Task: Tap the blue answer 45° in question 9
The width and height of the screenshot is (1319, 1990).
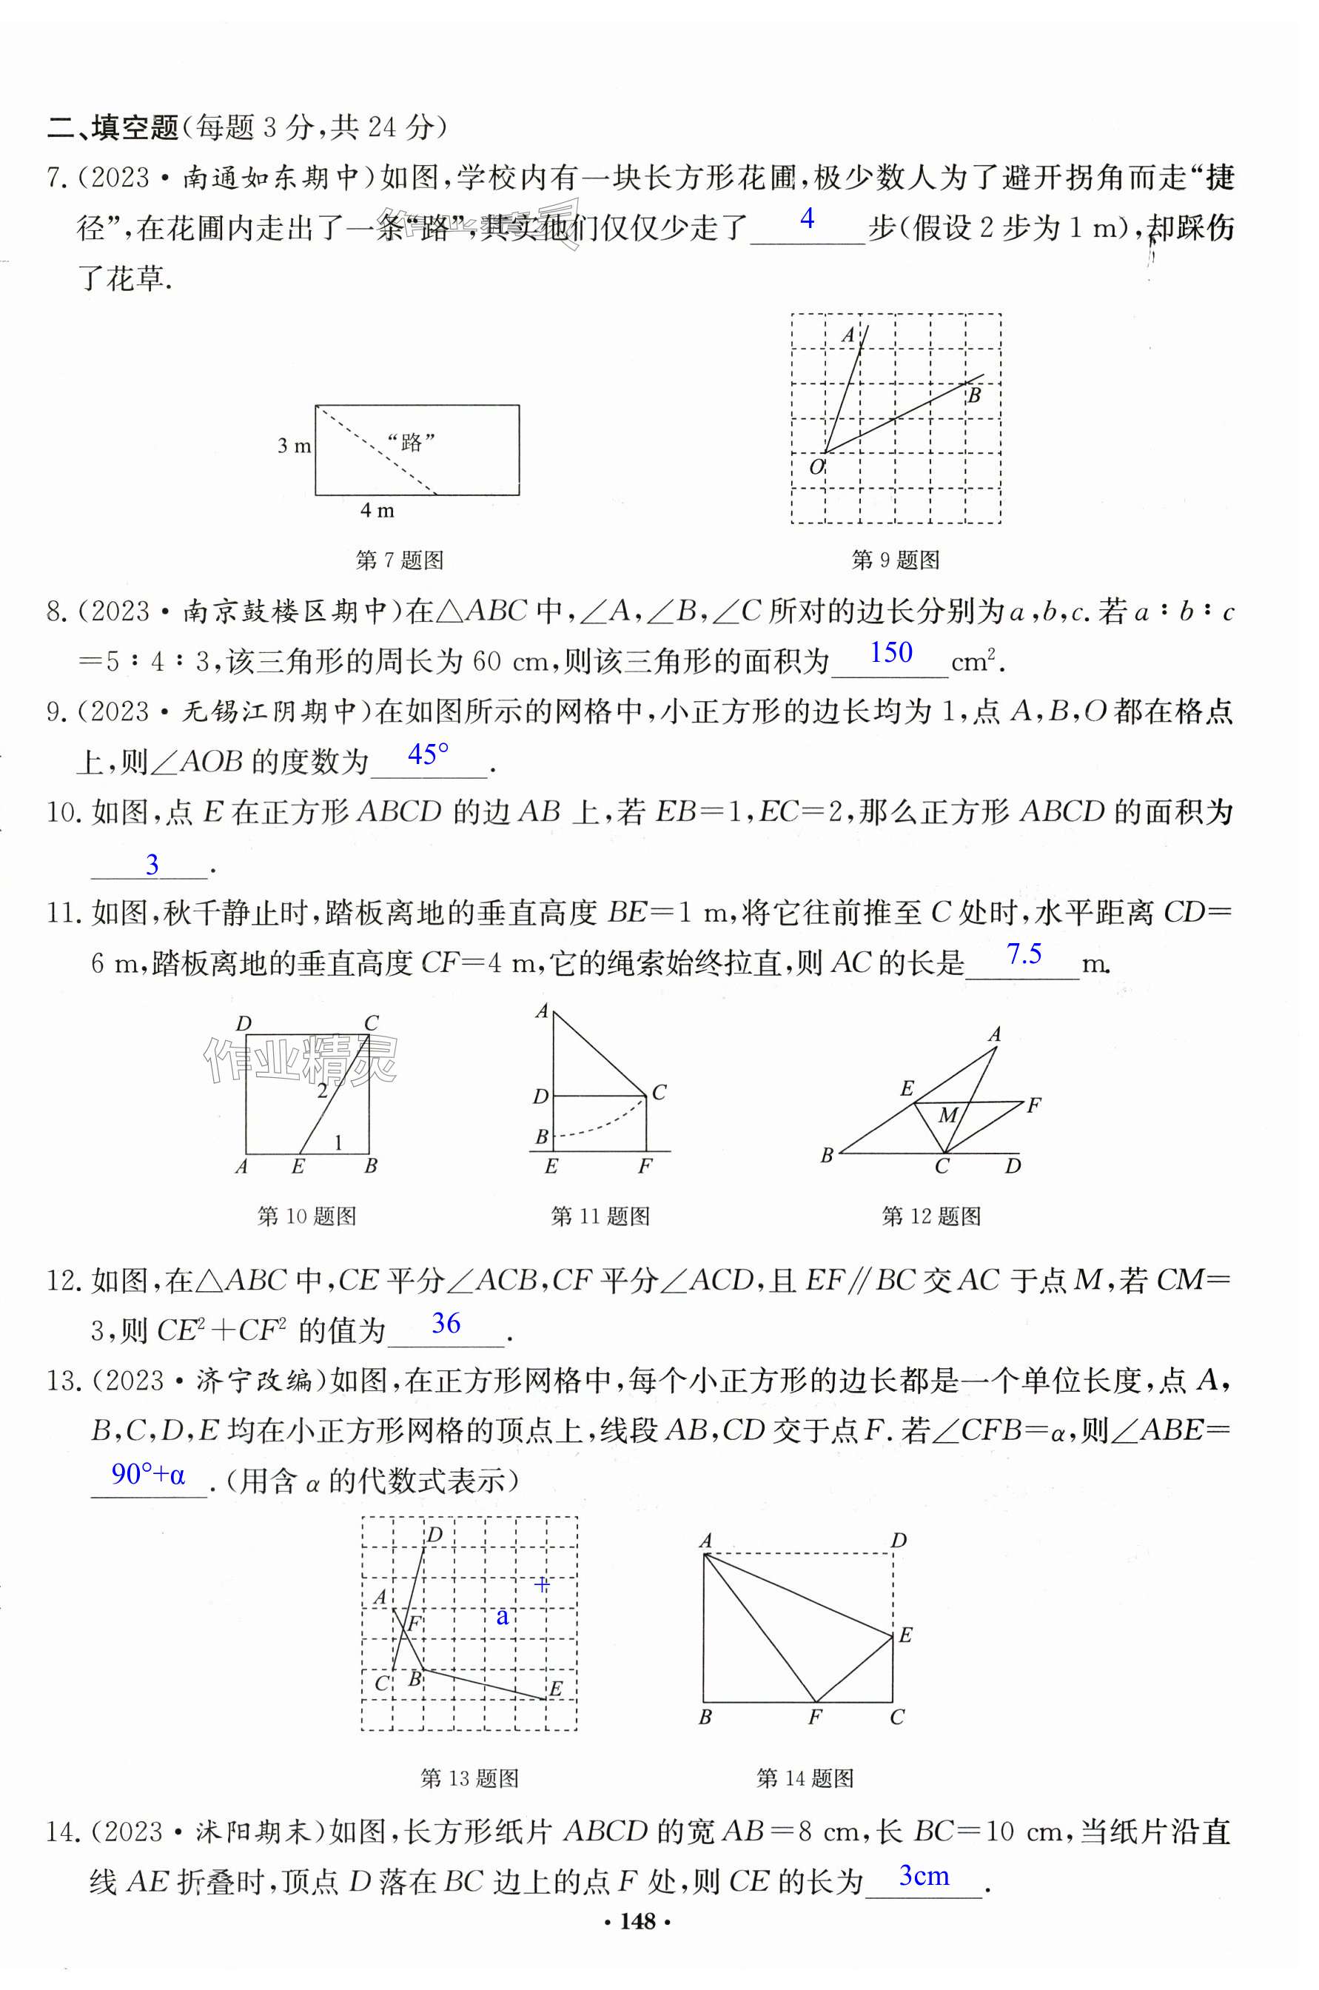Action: click(x=428, y=753)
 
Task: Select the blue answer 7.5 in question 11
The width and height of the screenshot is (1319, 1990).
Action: click(x=1024, y=954)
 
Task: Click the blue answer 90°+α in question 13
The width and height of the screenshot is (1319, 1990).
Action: click(x=148, y=1473)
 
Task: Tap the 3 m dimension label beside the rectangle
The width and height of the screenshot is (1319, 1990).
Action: click(x=295, y=445)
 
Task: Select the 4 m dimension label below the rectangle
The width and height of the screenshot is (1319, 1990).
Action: click(x=377, y=510)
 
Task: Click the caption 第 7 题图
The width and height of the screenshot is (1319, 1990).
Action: click(x=400, y=560)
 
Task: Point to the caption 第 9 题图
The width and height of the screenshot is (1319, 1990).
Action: click(x=896, y=560)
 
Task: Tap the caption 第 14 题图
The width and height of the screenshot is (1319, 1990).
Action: click(x=805, y=1778)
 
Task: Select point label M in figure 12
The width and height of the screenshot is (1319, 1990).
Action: click(x=948, y=1116)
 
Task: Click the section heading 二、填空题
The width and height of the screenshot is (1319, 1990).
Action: click(x=113, y=127)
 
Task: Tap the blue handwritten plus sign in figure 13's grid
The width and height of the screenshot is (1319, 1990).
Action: click(x=543, y=1584)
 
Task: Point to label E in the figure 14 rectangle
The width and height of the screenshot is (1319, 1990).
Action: click(x=905, y=1635)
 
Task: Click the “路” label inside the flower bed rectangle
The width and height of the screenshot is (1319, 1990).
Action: click(x=412, y=442)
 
